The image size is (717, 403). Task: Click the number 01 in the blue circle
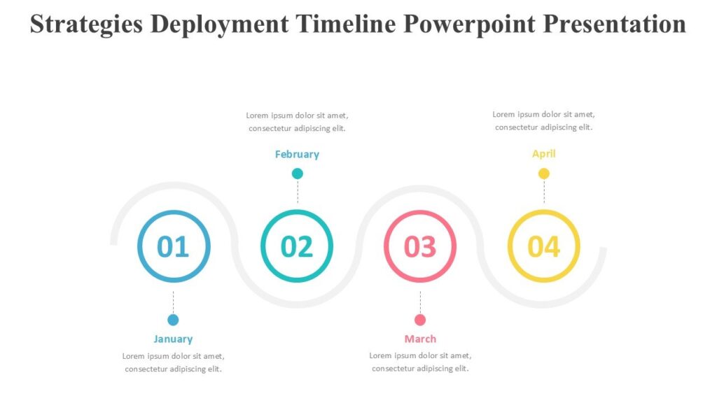click(x=173, y=246)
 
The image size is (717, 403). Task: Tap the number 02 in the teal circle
click(x=296, y=246)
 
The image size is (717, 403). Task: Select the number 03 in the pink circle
click(x=420, y=246)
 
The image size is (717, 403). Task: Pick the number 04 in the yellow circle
click(x=543, y=246)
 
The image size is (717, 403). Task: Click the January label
click(x=173, y=339)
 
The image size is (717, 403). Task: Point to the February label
click(x=297, y=155)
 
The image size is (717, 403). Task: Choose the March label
click(x=420, y=339)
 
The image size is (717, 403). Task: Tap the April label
click(x=543, y=154)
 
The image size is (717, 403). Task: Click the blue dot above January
click(x=173, y=320)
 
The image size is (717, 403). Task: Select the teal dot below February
click(x=298, y=174)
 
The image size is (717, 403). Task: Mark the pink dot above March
click(x=420, y=320)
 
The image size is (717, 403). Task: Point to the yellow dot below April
click(x=544, y=174)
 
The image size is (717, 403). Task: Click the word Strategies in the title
click(x=86, y=24)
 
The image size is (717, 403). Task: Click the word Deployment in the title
click(x=219, y=24)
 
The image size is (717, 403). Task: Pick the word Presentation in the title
click(x=615, y=24)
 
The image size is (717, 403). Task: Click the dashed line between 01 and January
click(x=173, y=301)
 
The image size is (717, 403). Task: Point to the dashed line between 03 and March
click(x=420, y=301)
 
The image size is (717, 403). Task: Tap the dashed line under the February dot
click(x=298, y=192)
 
